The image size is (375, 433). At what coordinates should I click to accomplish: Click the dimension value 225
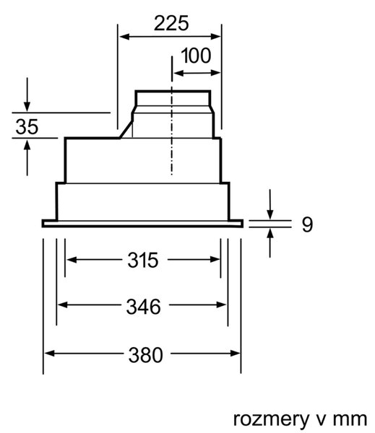(171, 23)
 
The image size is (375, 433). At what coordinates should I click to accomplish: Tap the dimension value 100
(196, 56)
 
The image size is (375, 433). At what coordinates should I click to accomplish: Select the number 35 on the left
(27, 127)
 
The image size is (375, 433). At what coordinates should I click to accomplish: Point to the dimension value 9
(307, 224)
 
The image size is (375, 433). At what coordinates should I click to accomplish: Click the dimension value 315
(143, 260)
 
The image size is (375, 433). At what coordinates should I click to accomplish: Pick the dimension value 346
(143, 307)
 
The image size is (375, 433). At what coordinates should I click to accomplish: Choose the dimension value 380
(145, 355)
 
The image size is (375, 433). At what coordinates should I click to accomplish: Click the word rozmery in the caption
(271, 419)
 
